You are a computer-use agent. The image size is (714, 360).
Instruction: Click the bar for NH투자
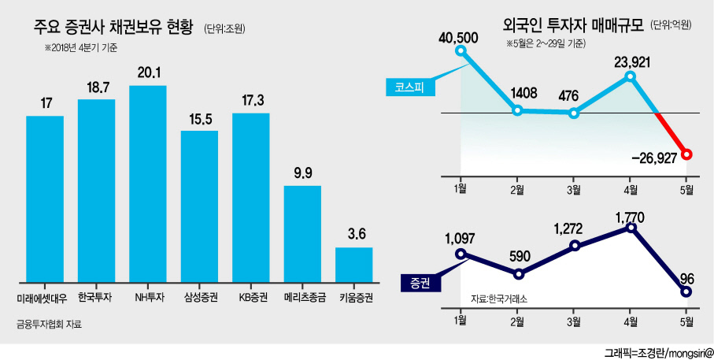click(x=147, y=184)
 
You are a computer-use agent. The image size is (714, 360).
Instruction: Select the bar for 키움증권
click(x=353, y=265)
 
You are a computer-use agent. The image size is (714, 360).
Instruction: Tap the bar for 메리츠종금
click(x=302, y=234)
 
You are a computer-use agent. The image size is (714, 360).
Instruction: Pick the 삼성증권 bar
click(x=199, y=206)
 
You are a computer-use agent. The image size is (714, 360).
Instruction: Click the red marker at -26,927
click(x=687, y=155)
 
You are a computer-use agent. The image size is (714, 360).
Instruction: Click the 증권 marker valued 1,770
click(x=631, y=228)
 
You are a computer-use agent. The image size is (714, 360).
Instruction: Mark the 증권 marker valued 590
click(x=518, y=274)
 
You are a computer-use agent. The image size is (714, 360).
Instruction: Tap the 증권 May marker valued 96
click(x=687, y=291)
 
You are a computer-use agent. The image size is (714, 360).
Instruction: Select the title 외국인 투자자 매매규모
click(x=573, y=24)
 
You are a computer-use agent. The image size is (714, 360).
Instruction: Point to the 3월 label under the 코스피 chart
click(x=574, y=189)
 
